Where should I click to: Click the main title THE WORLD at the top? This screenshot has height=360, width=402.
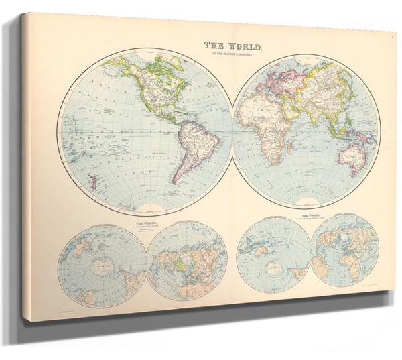coord(233,46)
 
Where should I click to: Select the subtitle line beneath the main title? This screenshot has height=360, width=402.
coord(233,54)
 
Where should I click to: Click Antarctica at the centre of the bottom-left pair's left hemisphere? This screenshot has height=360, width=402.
coord(102,267)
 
